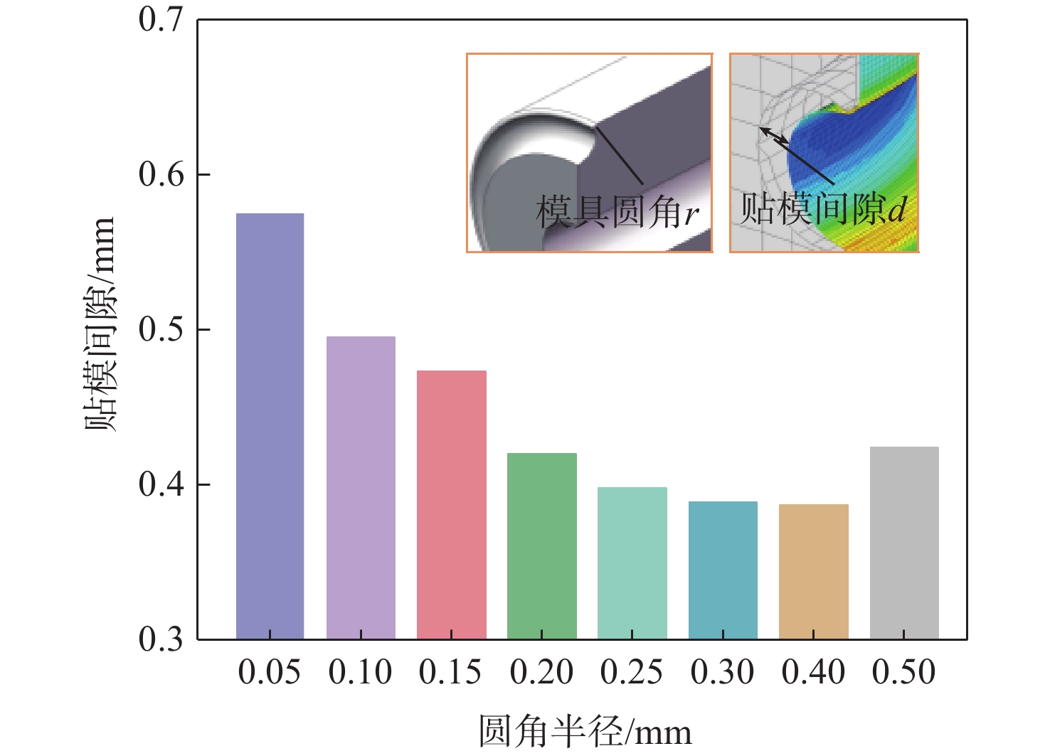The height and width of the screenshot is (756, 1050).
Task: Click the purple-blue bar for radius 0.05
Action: coord(270,427)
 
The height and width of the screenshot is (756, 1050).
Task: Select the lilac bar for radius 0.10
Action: coord(361,488)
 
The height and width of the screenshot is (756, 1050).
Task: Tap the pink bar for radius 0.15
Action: coord(451,505)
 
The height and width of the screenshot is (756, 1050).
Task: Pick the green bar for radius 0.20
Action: coord(541,546)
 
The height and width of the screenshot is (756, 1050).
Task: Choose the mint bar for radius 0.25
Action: coord(632,563)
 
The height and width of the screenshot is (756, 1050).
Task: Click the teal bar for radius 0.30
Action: coord(723,570)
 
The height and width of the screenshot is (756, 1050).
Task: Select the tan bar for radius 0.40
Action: coord(813,572)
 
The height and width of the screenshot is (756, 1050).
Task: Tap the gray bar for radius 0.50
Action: coord(904,543)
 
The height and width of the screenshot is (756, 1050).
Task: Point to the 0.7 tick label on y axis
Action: coord(161,20)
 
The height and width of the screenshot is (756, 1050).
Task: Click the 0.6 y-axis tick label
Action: coord(161,174)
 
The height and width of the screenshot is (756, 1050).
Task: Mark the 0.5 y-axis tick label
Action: coord(161,329)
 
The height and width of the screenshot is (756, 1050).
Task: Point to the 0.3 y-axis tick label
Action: coord(161,639)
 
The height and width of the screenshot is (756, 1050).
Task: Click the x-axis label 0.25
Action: coord(632,672)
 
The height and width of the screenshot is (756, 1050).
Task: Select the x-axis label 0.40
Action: coord(813,672)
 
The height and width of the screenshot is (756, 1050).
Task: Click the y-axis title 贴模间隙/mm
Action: coord(100,324)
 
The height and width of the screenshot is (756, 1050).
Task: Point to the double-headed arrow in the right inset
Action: coord(774,137)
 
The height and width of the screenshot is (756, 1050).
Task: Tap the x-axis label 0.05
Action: coord(270,672)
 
